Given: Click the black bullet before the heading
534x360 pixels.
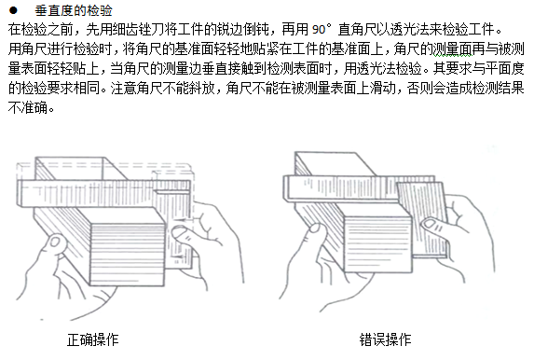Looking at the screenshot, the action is coord(13,10).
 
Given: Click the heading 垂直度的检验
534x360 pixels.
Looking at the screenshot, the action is coord(74,10).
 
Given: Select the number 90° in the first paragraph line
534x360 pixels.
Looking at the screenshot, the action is coord(322,30).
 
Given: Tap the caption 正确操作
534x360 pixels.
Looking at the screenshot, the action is coord(92,339).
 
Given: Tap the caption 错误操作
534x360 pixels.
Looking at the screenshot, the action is coord(385,339).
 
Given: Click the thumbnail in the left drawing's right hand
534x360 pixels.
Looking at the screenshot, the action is coord(178,234).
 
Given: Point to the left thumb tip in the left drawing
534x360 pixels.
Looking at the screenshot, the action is coord(54,241).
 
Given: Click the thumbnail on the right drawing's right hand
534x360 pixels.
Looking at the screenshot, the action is coord(430,224).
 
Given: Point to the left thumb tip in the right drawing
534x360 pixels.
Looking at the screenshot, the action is coord(314,228).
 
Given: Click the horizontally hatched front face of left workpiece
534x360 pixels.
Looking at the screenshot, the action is coord(127,255).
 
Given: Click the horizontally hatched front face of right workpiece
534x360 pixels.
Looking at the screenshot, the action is coord(378,244).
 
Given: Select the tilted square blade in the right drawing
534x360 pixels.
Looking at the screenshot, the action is coord(422,219).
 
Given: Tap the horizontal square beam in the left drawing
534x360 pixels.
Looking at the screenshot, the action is coord(103,193).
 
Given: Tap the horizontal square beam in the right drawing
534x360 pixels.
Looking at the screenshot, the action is coord(340,189).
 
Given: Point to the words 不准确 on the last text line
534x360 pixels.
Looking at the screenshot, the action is coord(28,108).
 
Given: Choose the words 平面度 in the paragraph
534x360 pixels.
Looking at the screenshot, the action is coord(505,69).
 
